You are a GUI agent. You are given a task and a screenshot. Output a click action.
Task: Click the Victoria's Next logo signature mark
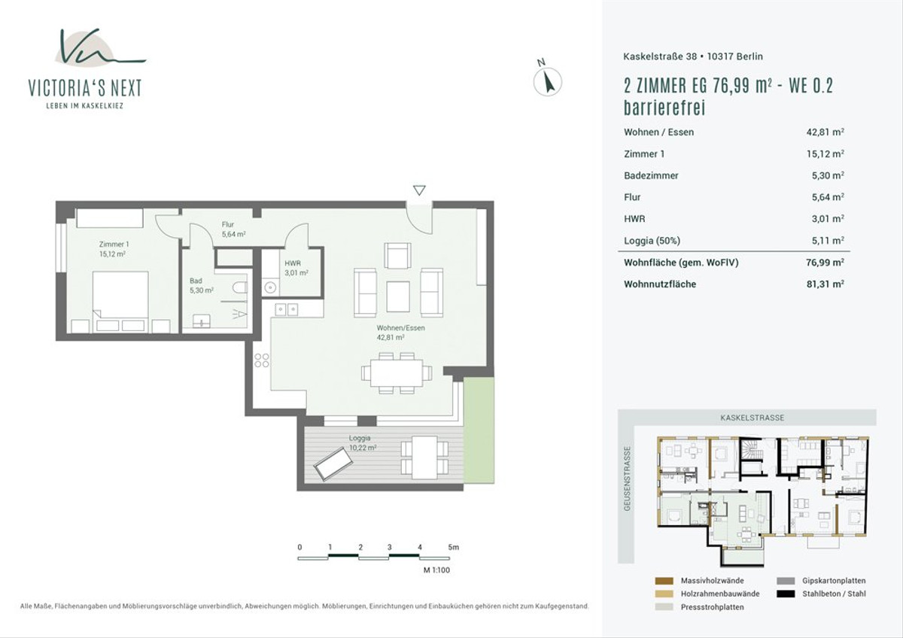pos(100,47)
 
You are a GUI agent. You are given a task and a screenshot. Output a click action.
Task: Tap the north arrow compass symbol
pos(548,81)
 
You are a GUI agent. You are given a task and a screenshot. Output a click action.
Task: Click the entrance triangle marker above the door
pos(419,190)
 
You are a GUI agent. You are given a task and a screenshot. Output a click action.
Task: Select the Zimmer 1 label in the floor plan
pos(114,245)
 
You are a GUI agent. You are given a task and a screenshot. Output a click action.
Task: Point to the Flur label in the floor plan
pos(228,224)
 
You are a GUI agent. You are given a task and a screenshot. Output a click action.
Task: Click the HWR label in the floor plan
pos(293,263)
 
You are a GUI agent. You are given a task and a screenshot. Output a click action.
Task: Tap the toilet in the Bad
pos(240,287)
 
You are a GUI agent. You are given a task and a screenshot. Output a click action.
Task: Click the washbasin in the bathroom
pos(202,321)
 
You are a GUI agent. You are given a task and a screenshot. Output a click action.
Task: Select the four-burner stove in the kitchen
pos(262,360)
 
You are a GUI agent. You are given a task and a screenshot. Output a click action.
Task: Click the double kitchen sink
pos(287,309)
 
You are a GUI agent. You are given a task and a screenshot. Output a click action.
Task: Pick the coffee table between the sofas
pos(398,296)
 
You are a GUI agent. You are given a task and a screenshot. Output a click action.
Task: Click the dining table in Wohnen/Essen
pos(397,372)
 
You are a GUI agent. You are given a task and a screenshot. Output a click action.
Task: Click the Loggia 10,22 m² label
pos(363,442)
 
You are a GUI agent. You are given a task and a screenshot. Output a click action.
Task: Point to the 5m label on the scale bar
pos(454,547)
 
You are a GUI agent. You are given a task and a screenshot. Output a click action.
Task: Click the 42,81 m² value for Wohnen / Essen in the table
pos(825,132)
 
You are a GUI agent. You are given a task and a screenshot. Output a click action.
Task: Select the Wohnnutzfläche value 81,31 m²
pos(825,284)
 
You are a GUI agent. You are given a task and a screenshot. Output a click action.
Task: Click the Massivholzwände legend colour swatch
pos(664,581)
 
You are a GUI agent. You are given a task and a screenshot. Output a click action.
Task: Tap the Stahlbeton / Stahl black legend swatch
pos(786,594)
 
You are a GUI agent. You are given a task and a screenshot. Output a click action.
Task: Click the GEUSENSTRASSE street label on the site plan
pos(627,478)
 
